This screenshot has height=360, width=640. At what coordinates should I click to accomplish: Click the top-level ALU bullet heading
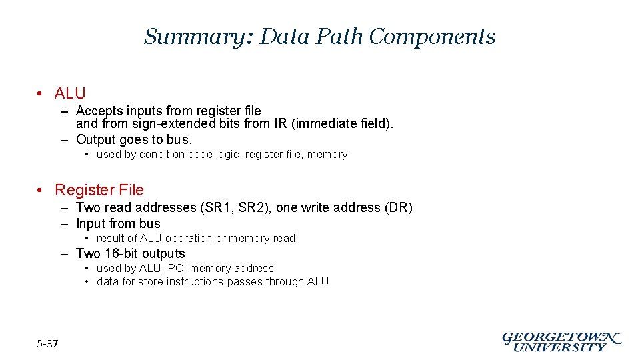(x=70, y=93)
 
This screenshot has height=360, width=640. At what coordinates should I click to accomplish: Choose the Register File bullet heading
(x=99, y=190)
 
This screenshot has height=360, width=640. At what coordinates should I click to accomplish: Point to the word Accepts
(x=97, y=111)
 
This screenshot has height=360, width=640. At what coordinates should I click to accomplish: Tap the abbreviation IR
(x=281, y=123)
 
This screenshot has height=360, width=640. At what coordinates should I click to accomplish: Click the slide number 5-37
(x=48, y=344)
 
